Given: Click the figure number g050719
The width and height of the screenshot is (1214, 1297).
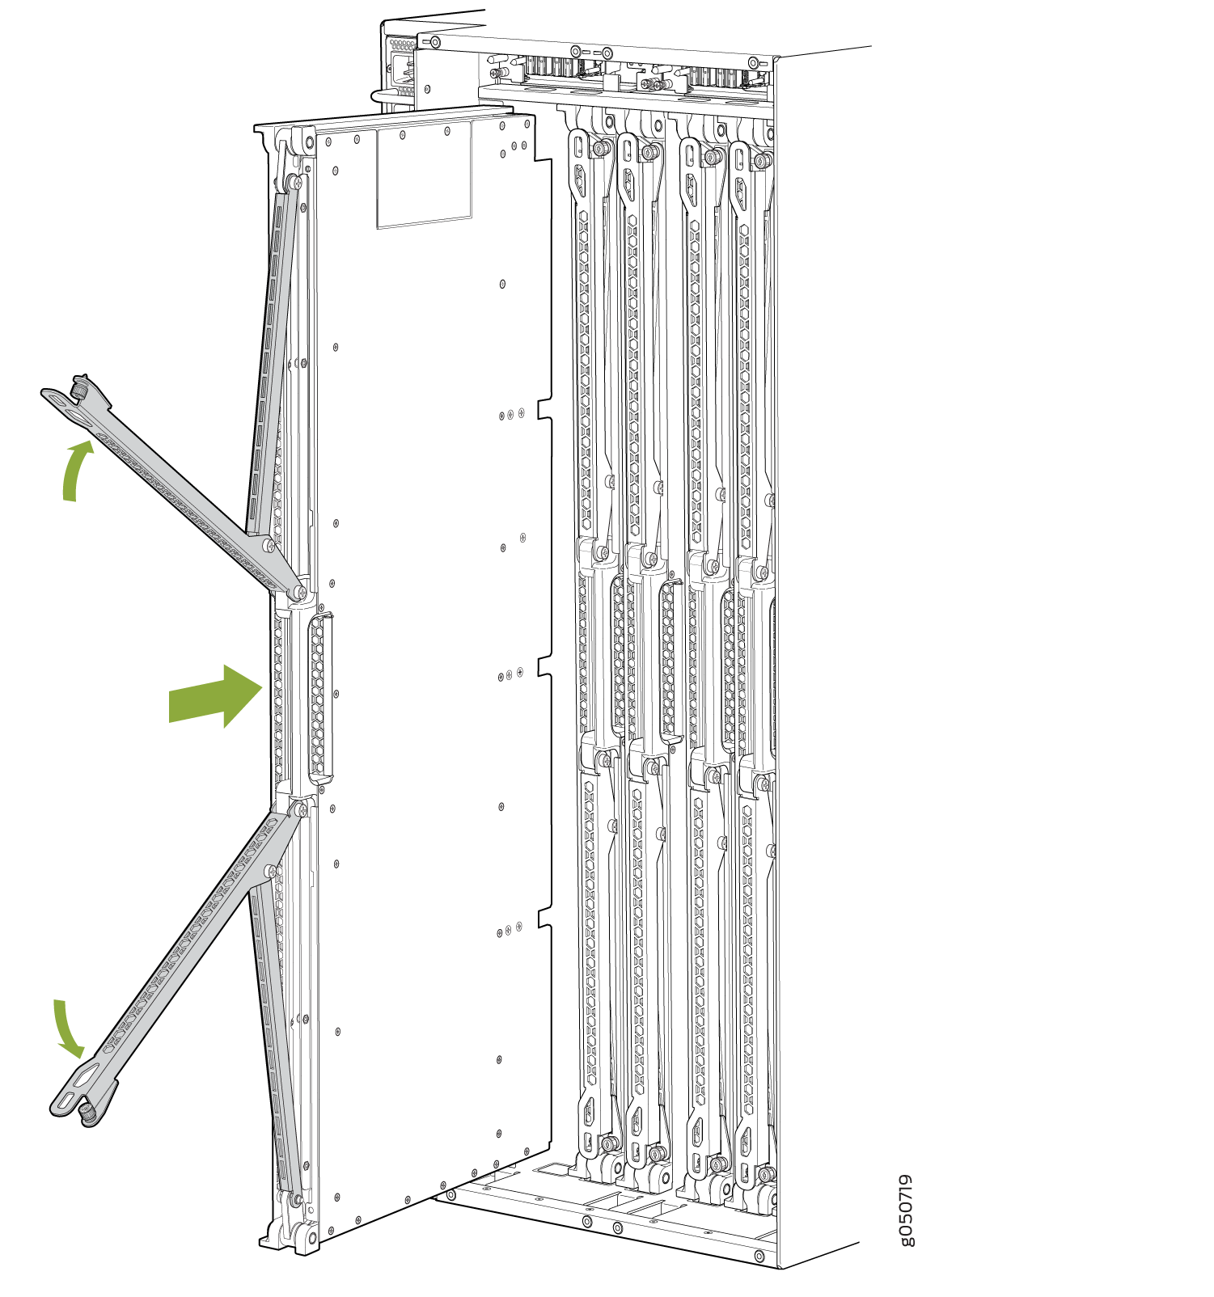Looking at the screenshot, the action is tap(907, 1210).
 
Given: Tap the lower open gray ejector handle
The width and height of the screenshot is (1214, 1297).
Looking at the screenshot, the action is tap(178, 962).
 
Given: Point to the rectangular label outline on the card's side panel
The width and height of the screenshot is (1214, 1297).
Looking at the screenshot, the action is tap(424, 174).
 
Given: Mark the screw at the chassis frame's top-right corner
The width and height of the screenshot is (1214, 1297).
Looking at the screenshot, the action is tap(754, 63).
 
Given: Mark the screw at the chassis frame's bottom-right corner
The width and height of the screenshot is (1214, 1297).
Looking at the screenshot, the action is tap(759, 1256).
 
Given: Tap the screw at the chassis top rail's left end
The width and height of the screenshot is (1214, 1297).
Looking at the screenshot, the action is tap(434, 42).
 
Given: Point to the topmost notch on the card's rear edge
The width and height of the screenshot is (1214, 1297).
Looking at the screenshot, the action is tap(545, 408).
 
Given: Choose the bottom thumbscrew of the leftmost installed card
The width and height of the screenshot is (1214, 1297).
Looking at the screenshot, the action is tap(607, 1143).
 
